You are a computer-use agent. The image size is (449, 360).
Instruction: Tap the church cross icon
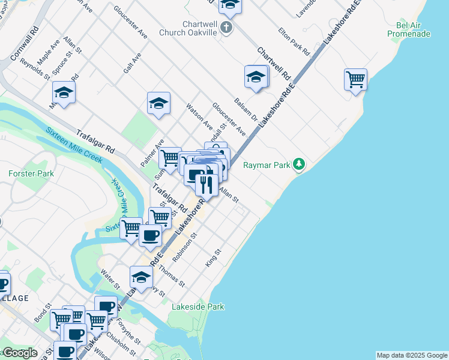226,28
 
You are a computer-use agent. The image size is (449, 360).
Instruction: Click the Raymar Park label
267,165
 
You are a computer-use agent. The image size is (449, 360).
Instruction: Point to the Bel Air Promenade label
409,29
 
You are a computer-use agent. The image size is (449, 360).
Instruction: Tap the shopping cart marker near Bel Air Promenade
355,79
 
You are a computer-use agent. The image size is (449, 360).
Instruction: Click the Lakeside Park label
198,307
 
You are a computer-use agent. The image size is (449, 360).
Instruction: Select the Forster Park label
31,173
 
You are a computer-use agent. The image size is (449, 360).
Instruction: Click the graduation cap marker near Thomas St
141,277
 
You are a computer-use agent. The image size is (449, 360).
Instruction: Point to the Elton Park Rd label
294,40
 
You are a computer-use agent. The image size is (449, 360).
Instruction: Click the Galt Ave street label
132,62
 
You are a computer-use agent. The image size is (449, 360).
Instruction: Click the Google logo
19,353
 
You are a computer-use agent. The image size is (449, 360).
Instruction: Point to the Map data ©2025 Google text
412,355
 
